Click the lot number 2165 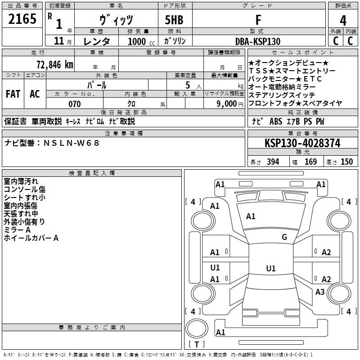22,19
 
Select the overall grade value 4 343,20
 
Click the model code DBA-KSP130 258,41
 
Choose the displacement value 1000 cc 137,41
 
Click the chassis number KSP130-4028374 302,143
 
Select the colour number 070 74,104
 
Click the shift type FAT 13,94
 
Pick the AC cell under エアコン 35,94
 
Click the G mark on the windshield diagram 284,237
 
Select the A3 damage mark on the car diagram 320,292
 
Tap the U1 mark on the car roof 270,269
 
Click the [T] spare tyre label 197,345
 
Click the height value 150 346,162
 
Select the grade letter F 258,20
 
